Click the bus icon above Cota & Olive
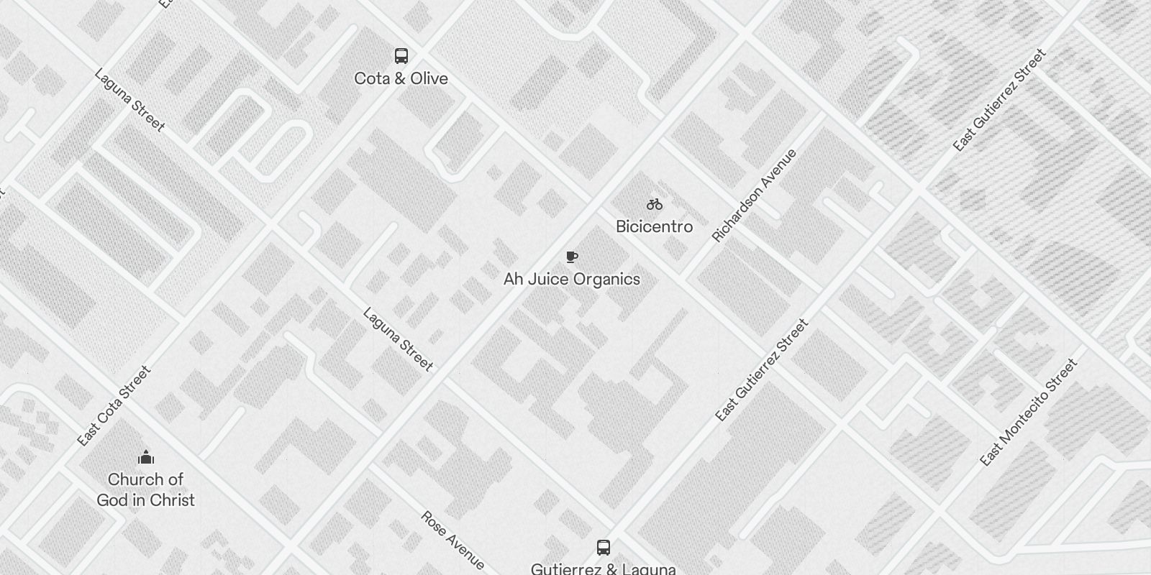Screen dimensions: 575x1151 [x=401, y=56]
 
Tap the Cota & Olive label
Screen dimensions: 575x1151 [x=401, y=78]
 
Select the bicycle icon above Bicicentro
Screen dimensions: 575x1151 [x=654, y=205]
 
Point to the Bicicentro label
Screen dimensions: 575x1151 [x=654, y=226]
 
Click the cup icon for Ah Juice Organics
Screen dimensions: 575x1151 [x=572, y=257]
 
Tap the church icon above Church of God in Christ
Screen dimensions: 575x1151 [x=146, y=458]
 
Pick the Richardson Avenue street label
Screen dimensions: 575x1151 [x=754, y=195]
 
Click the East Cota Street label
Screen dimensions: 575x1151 [x=114, y=405]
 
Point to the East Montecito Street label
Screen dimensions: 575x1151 [x=1029, y=412]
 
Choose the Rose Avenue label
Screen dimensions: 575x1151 [x=452, y=540]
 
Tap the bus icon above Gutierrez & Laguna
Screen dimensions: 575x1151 [x=604, y=548]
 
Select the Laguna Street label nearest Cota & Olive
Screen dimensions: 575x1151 [x=129, y=101]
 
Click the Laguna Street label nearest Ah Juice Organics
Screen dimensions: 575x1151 [x=398, y=339]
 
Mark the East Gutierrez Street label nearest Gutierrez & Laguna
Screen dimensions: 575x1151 [x=762, y=369]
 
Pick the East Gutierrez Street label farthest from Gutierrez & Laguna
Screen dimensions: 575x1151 [x=999, y=100]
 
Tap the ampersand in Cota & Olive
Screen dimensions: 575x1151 [x=401, y=78]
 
